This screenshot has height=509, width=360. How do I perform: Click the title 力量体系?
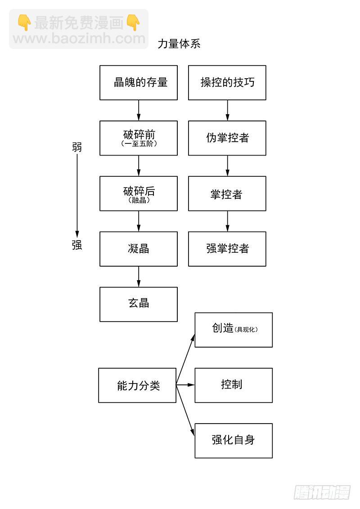coord(179,44)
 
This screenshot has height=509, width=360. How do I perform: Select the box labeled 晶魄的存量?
coord(139,83)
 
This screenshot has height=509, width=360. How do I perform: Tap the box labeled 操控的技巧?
coord(227,83)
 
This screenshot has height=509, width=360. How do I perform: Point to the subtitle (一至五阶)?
coord(139,144)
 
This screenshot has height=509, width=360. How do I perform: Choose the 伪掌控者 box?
coord(227,138)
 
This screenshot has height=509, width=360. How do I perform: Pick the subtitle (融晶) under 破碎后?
coord(139,201)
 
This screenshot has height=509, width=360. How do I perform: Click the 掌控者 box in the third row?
coord(227,194)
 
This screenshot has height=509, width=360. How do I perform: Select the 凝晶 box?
coord(139,249)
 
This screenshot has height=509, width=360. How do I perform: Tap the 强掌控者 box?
coord(227,249)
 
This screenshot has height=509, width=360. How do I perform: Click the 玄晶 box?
coord(139,304)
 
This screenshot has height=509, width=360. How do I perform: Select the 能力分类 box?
coord(137,385)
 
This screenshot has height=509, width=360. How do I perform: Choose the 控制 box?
coord(234,385)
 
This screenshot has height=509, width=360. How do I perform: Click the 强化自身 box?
coord(234,441)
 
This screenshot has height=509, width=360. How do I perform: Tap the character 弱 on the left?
coord(77,147)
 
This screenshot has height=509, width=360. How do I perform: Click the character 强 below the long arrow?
coord(77,245)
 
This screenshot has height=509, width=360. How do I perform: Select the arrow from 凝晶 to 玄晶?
coord(139,277)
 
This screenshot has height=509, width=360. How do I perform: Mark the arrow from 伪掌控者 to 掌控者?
coord(227,166)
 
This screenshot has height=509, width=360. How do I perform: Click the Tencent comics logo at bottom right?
coord(322,491)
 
